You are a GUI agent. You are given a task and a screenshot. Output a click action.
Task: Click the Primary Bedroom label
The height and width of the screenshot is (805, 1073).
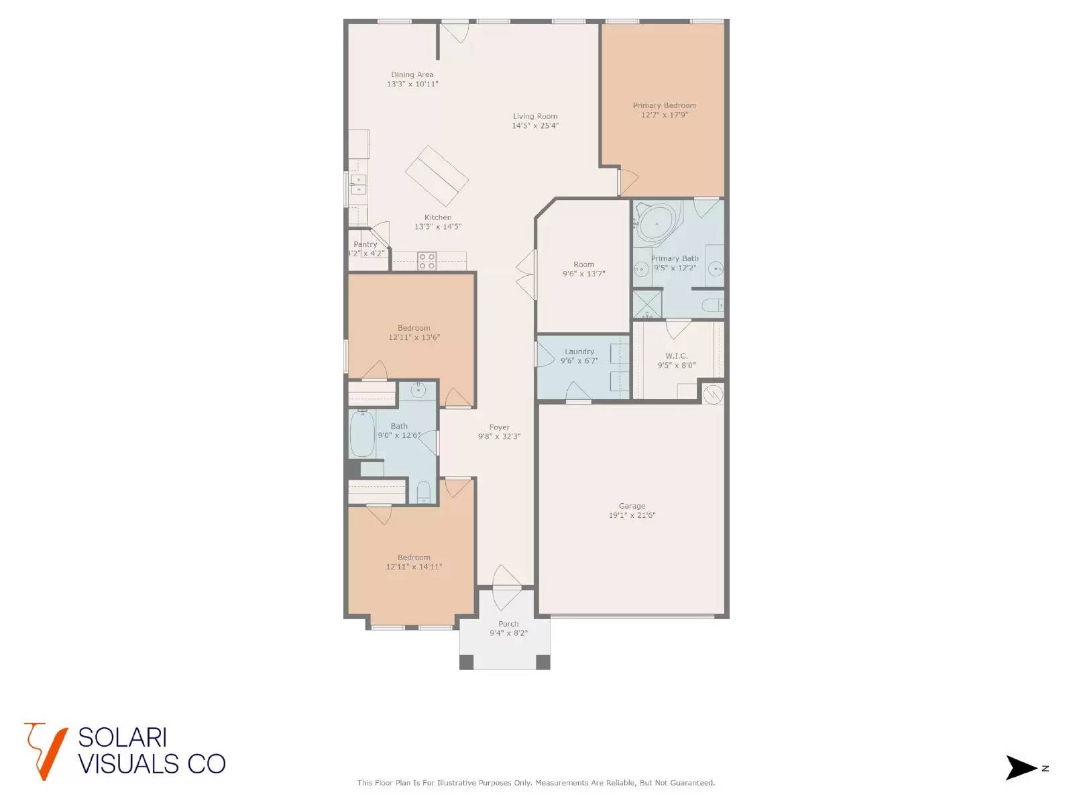pos(664,105)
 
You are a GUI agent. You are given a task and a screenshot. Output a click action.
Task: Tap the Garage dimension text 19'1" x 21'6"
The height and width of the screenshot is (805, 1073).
pos(632,516)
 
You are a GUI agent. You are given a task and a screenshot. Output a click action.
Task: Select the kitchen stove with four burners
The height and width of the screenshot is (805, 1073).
pos(427,261)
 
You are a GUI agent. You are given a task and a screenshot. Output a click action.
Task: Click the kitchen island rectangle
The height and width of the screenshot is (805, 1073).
pos(437,176)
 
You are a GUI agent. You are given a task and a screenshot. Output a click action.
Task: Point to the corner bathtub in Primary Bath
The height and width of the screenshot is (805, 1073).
pos(657,223)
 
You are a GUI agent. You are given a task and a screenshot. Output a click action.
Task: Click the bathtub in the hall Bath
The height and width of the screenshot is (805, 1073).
pos(362,433)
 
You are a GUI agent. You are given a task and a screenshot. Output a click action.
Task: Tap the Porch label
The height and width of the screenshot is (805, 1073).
pos(508,624)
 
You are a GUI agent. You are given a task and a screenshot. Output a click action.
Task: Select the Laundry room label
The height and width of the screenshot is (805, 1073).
pos(579,352)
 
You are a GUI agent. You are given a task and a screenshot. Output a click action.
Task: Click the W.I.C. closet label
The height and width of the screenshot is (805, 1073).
pos(676,356)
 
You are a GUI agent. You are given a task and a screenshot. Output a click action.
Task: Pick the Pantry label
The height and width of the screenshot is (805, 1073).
pos(365,244)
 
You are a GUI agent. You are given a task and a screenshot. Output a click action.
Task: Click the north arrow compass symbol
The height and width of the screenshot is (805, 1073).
pos(1022,768)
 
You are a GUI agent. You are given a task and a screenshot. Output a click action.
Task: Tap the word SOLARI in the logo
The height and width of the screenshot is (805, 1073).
pos(122,738)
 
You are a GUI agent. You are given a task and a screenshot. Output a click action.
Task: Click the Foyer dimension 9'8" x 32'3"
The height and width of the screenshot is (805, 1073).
pos(499,437)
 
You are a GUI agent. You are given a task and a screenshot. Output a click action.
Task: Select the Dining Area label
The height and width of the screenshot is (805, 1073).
pos(412,74)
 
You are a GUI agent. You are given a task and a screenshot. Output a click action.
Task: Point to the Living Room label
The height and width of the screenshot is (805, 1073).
pos(535,116)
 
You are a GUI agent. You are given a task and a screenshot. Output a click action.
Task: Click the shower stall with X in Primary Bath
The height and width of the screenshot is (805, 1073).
pos(647,303)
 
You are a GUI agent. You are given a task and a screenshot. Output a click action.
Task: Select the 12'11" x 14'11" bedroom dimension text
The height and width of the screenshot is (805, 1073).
pos(414,567)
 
